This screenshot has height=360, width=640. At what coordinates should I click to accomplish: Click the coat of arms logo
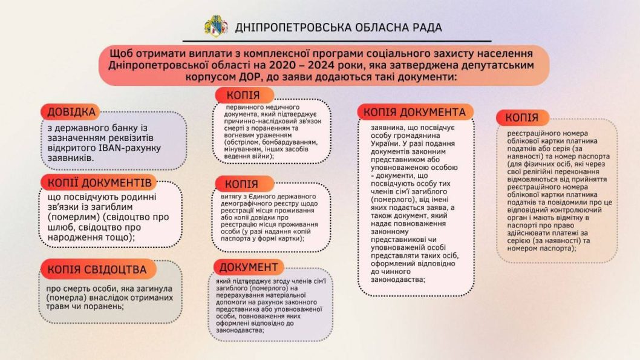[x=215, y=27]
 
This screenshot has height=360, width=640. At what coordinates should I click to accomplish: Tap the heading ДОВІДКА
[x=71, y=112]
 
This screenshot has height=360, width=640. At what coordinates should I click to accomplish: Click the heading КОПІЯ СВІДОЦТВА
[x=97, y=269]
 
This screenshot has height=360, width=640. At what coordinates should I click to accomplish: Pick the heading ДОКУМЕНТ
[x=248, y=267]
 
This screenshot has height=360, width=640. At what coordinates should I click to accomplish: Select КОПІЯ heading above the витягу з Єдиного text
[x=241, y=184]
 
